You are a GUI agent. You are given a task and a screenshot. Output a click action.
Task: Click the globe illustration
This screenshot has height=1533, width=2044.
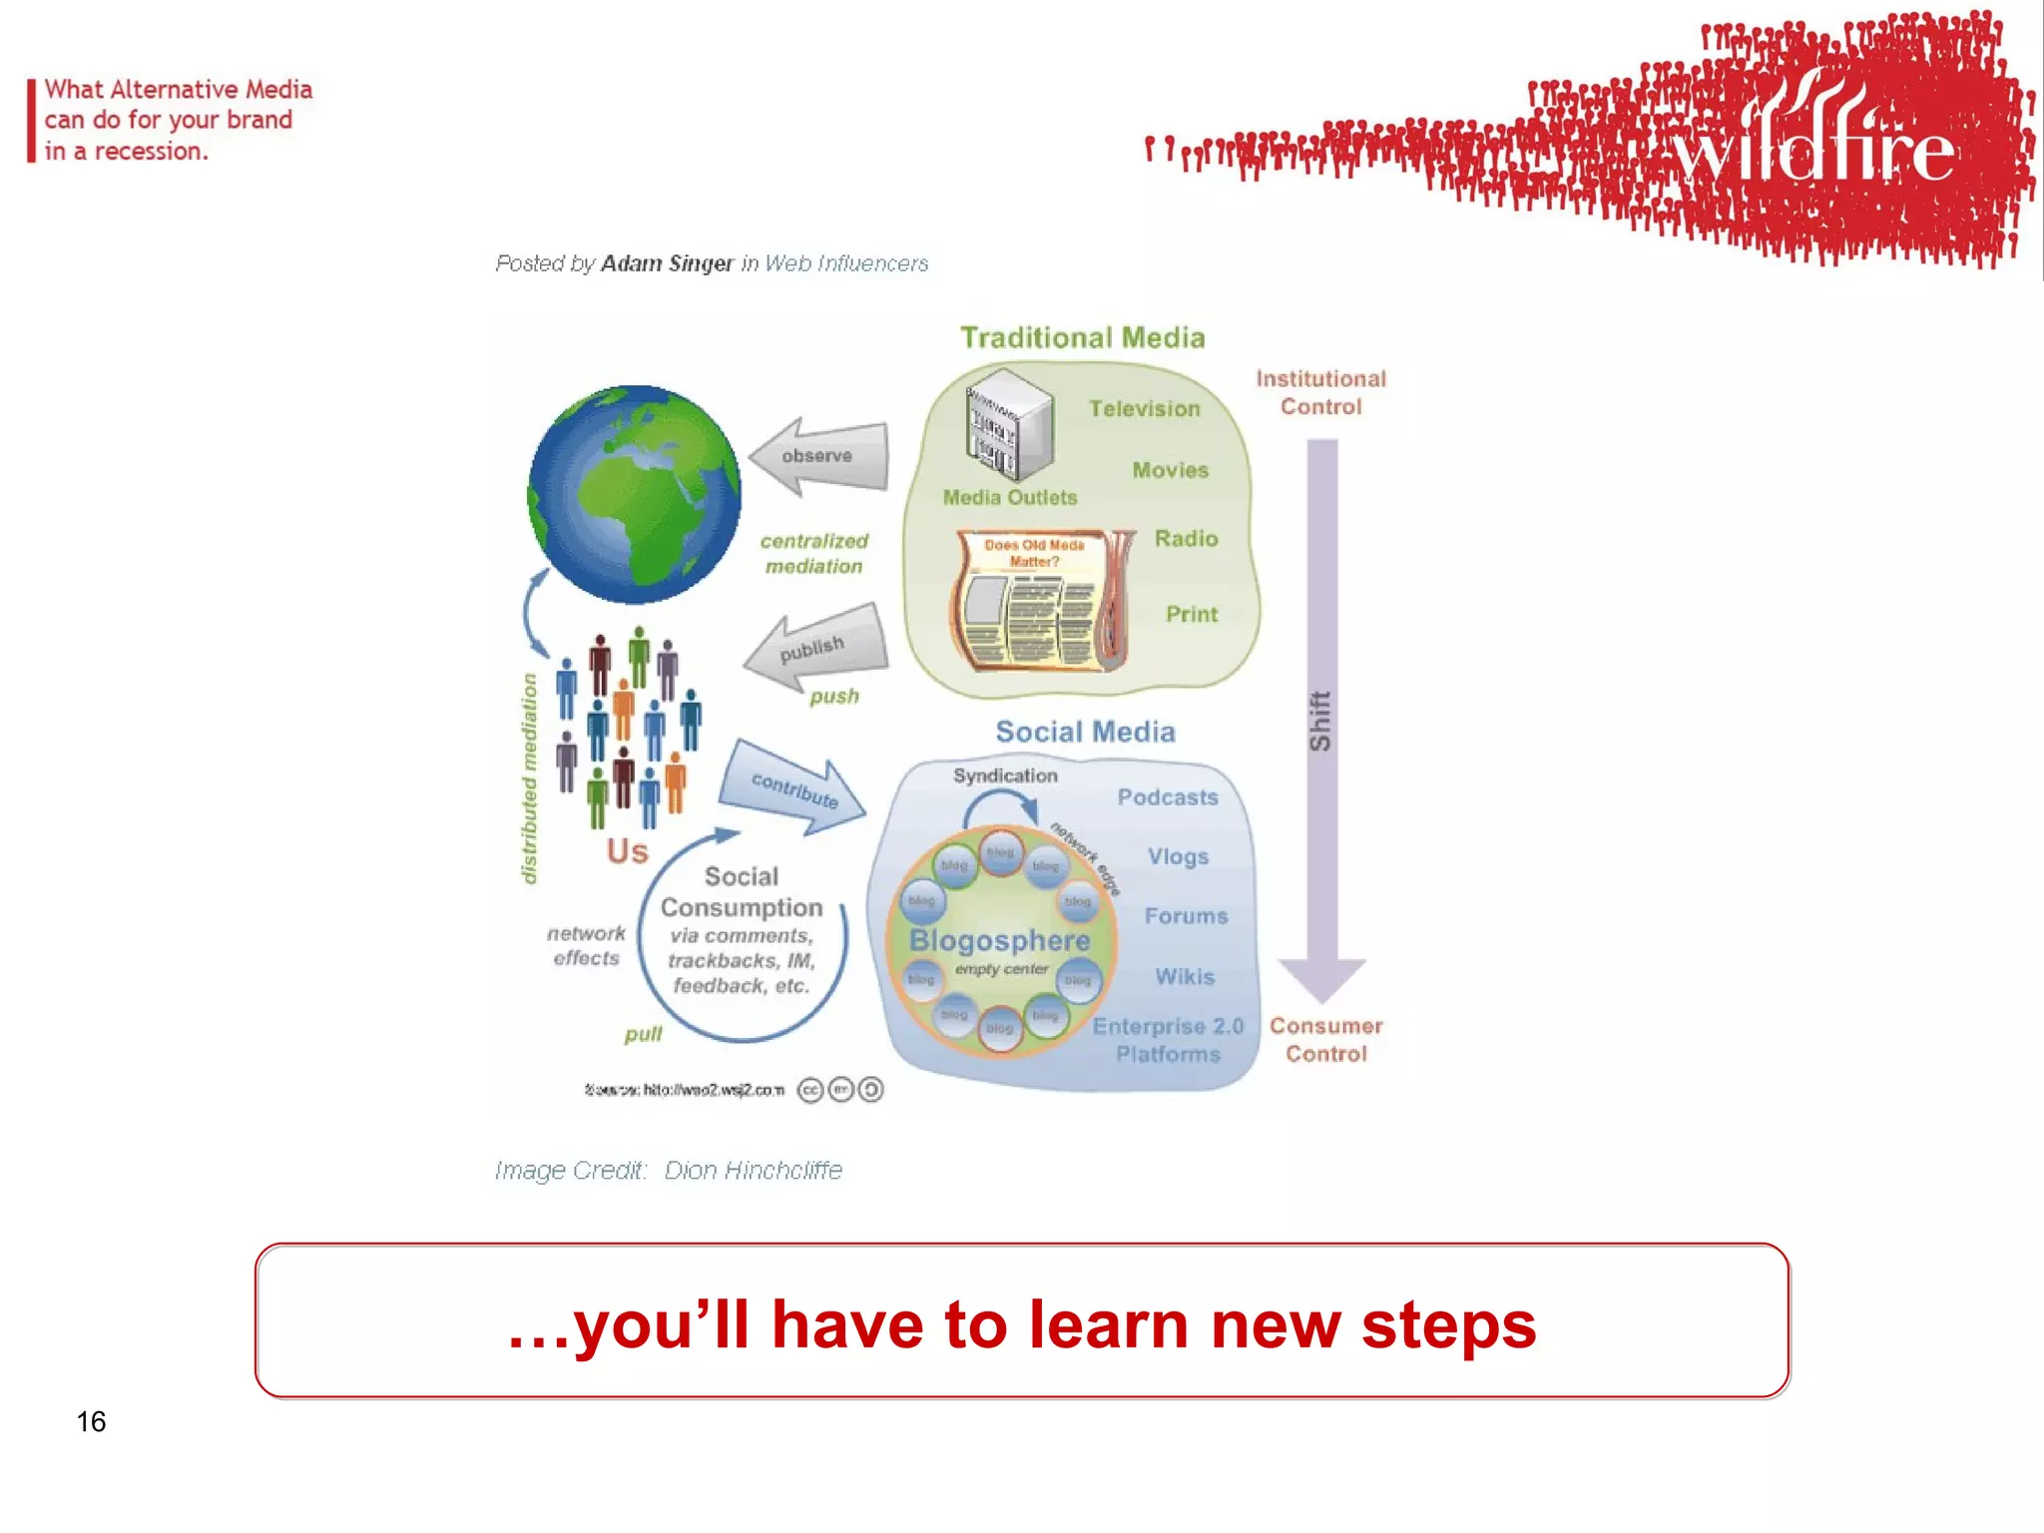634,494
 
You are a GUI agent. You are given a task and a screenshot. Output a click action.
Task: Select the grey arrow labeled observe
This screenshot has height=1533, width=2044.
819,456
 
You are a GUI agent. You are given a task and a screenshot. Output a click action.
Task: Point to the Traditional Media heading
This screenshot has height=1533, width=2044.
1083,337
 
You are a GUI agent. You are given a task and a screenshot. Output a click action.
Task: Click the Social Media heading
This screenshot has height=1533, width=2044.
1085,732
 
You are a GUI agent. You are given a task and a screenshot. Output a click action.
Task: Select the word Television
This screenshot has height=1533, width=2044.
1144,408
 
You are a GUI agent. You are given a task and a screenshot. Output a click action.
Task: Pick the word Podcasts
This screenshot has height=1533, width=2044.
1168,797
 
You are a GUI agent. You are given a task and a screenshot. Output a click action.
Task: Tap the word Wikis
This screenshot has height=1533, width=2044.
1185,976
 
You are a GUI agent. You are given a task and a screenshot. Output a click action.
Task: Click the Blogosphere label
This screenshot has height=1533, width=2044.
999,940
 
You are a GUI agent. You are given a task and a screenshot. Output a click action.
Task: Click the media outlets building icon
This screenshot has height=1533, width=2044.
1008,423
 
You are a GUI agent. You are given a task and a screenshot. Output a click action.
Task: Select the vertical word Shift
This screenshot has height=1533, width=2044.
1320,721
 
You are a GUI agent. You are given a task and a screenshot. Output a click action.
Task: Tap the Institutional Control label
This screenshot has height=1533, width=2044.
1320,392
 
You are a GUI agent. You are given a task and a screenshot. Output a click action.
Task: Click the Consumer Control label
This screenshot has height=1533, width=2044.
1325,1039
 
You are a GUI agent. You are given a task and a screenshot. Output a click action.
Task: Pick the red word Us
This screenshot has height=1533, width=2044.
627,851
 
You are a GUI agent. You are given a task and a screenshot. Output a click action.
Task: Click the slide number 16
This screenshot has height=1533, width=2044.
91,1421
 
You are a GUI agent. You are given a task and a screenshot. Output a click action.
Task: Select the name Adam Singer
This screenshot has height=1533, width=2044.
667,263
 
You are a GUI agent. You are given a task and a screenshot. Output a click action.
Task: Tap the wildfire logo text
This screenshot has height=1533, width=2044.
1811,150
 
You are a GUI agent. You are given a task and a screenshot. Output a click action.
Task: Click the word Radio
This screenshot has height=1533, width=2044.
1186,539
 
